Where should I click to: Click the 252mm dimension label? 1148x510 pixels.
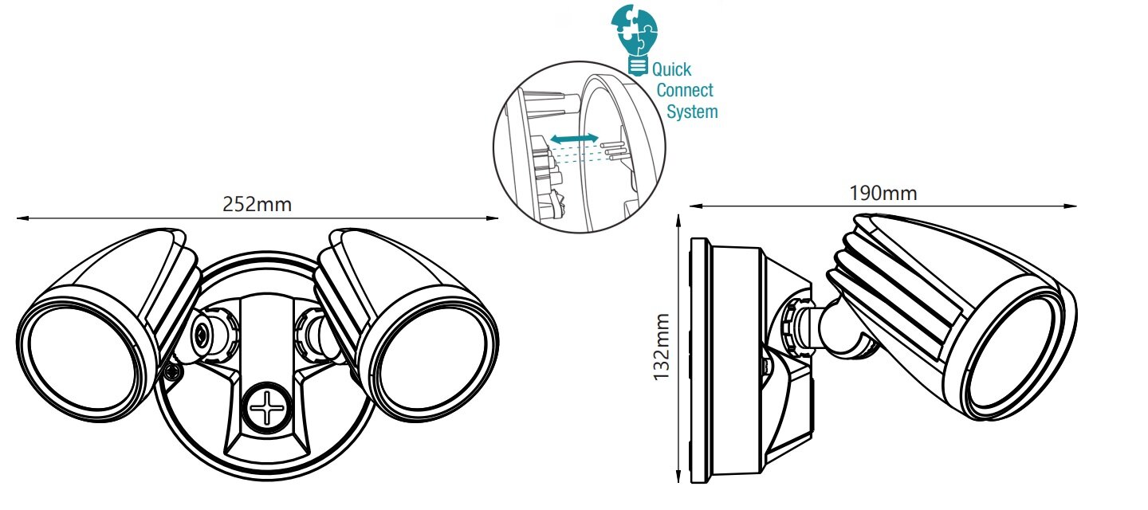point(257,204)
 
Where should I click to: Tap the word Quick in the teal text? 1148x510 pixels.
point(672,70)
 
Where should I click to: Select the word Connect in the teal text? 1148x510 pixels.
point(685,91)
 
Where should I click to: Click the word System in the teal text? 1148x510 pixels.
point(692,112)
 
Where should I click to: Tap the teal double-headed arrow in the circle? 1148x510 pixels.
point(575,140)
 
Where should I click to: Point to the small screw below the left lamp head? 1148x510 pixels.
point(171,372)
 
